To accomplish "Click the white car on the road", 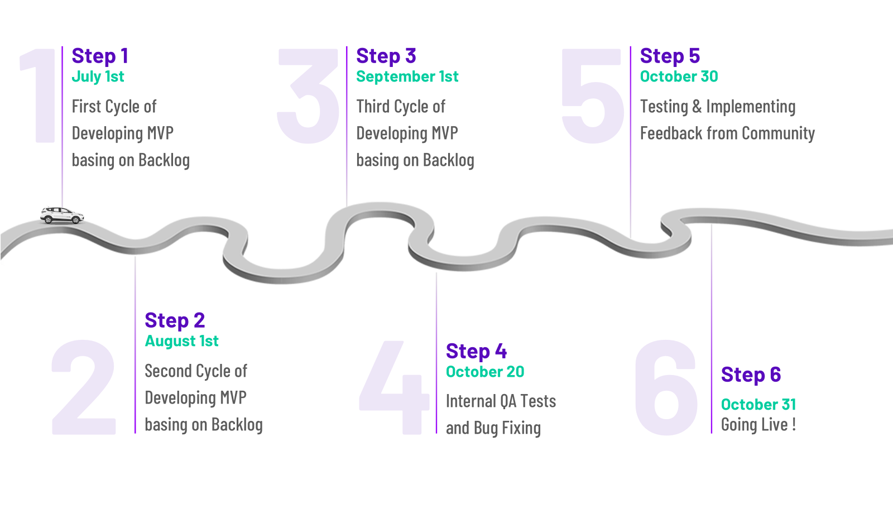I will pyautogui.click(x=60, y=215).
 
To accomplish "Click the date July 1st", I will pyautogui.click(x=98, y=76).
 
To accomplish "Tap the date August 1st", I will pyautogui.click(x=181, y=341).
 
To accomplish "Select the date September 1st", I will pyautogui.click(x=407, y=76).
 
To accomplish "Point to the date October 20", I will pyautogui.click(x=485, y=372).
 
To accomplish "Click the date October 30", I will pyautogui.click(x=679, y=76).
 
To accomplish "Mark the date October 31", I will pyautogui.click(x=758, y=404).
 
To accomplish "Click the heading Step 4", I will pyautogui.click(x=476, y=351).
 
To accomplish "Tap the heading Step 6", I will pyautogui.click(x=751, y=375).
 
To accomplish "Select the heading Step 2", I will pyautogui.click(x=175, y=320).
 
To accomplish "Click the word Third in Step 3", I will pyautogui.click(x=373, y=106).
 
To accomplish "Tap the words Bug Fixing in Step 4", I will pyautogui.click(x=507, y=428).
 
